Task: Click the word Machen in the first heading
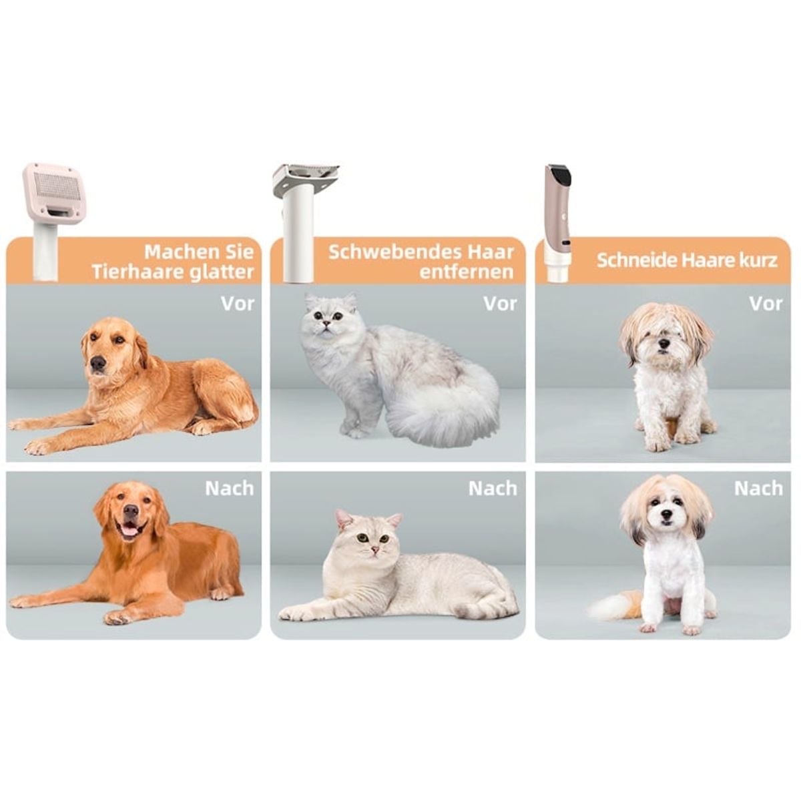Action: tap(182, 252)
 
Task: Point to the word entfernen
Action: tap(467, 272)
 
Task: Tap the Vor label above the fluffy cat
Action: tap(500, 304)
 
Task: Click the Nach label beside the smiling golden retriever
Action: tap(230, 489)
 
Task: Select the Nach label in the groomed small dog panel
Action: tap(758, 489)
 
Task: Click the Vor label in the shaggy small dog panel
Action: tap(766, 304)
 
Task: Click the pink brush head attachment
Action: tap(55, 192)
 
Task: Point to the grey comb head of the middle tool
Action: tap(306, 176)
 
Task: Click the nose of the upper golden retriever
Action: tap(97, 363)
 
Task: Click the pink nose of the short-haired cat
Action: tap(375, 550)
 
